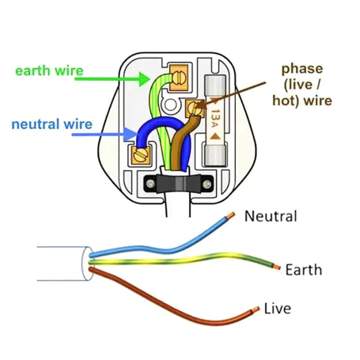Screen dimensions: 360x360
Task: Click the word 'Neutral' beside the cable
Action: pyautogui.click(x=271, y=216)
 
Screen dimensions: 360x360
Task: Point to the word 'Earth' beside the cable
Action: pyautogui.click(x=305, y=270)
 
